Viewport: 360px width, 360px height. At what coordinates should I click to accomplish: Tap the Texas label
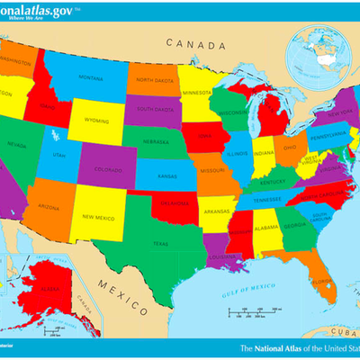(159, 244)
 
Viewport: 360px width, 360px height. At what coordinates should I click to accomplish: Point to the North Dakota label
(154, 80)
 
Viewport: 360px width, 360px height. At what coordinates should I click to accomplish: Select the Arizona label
(50, 207)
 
